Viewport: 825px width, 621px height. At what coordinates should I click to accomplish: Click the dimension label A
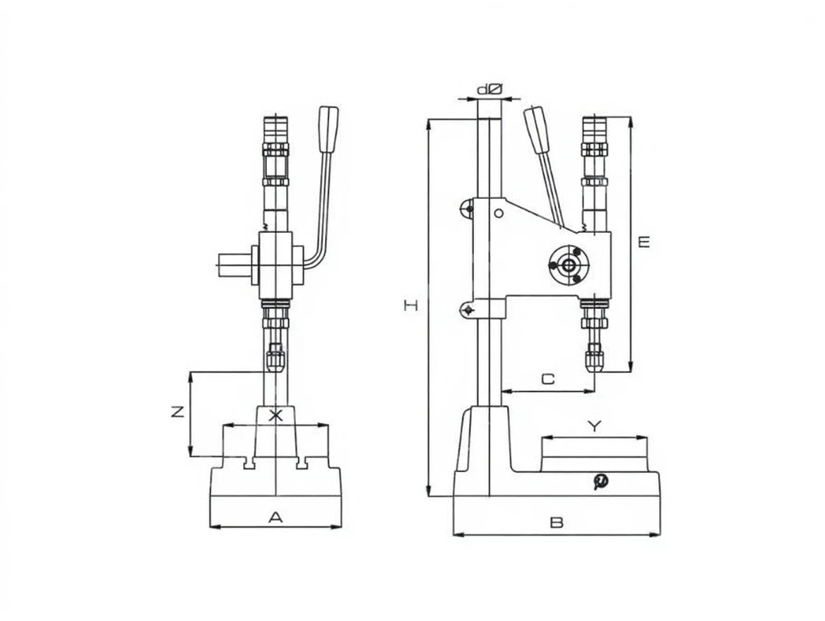(x=275, y=517)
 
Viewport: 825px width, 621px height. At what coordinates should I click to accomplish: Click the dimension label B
(x=557, y=523)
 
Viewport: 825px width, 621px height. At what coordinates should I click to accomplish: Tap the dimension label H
(x=411, y=305)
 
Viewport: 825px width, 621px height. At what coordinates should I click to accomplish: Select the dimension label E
(x=643, y=242)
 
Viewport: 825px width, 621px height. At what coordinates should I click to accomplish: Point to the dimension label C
(x=547, y=378)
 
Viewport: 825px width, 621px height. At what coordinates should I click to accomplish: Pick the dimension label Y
(x=594, y=426)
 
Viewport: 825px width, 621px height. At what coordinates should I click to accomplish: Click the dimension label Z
(x=178, y=411)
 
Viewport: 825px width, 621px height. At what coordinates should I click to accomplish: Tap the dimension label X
(x=275, y=416)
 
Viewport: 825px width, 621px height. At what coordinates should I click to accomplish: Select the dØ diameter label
(x=490, y=90)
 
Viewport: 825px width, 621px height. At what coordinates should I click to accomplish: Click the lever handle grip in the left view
(x=329, y=129)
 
